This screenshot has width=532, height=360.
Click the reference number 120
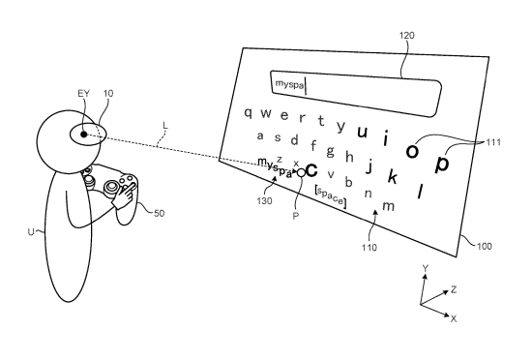pyautogui.click(x=407, y=35)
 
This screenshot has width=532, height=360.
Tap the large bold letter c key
pyautogui.click(x=311, y=170)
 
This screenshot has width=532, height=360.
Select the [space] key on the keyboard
pyautogui.click(x=330, y=196)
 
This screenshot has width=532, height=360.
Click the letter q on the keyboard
pyautogui.click(x=249, y=112)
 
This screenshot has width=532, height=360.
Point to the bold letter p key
pyautogui.click(x=442, y=164)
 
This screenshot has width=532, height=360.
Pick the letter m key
pyautogui.click(x=389, y=205)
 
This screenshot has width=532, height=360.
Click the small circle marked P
pyautogui.click(x=301, y=172)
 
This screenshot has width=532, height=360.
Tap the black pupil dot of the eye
pyautogui.click(x=83, y=135)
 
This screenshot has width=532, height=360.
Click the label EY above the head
pyautogui.click(x=84, y=93)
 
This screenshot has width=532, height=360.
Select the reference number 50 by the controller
pyautogui.click(x=160, y=213)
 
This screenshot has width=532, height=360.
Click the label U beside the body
pyautogui.click(x=31, y=232)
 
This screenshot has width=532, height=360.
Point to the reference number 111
pyautogui.click(x=493, y=142)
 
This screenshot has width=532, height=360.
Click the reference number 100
pyautogui.click(x=485, y=246)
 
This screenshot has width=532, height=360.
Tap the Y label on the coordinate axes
pyautogui.click(x=426, y=269)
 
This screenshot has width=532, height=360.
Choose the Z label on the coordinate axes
pyautogui.click(x=454, y=289)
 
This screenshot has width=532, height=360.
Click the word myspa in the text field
pyautogui.click(x=289, y=84)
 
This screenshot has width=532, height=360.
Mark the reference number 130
pyautogui.click(x=264, y=201)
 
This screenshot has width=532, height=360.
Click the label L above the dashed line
pyautogui.click(x=165, y=126)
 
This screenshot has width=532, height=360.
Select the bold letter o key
pyautogui.click(x=412, y=150)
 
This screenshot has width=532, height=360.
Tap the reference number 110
pyautogui.click(x=369, y=248)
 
